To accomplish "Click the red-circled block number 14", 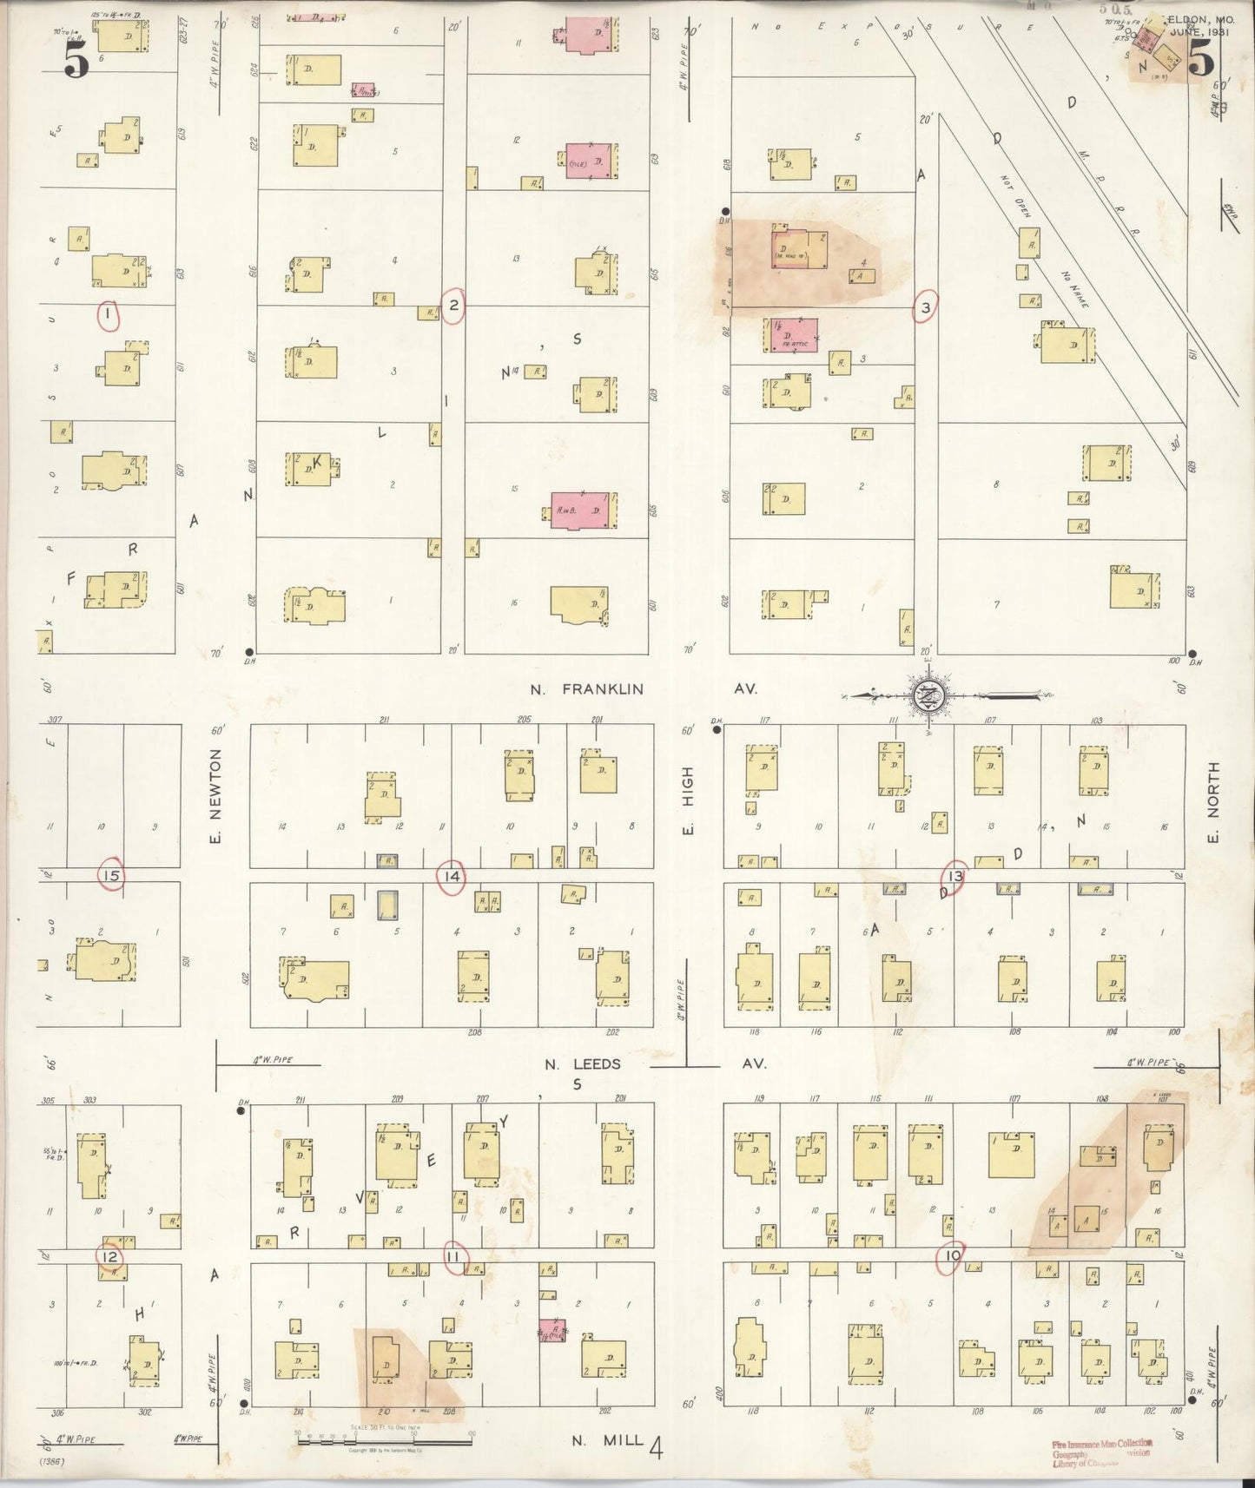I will (x=452, y=877).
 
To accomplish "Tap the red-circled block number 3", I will (x=926, y=307).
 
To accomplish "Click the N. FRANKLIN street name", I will (x=588, y=689).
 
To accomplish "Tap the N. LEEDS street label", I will (x=583, y=1063).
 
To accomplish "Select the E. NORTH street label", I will (x=1213, y=801).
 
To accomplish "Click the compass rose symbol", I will (x=928, y=695).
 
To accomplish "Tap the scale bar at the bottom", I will (x=384, y=1439).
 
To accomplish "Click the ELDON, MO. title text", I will (x=1201, y=18).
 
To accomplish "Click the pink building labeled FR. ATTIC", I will (x=792, y=335).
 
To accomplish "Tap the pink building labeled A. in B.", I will (x=582, y=511).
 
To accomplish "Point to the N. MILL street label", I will (x=607, y=1440).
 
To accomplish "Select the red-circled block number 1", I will (x=107, y=315).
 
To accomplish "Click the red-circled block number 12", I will (x=109, y=1256).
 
